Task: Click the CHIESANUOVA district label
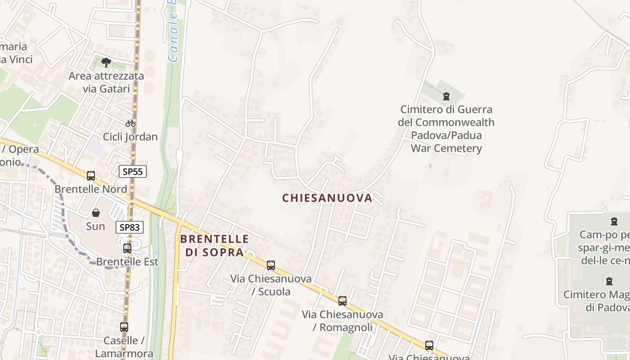(327, 198)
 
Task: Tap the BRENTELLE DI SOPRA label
(215, 245)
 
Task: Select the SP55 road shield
(133, 171)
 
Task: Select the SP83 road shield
(130, 227)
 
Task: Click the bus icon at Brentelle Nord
(91, 176)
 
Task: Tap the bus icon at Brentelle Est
(127, 248)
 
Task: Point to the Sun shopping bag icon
(96, 213)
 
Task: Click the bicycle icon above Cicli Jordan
(130, 123)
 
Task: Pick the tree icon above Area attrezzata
(106, 62)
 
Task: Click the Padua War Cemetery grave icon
(446, 96)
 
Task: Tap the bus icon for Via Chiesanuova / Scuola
(270, 265)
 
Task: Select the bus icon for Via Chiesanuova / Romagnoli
(342, 301)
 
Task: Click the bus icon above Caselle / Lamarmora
(124, 327)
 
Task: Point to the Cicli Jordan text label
(130, 137)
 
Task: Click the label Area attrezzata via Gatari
(106, 82)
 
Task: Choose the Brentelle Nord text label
(91, 189)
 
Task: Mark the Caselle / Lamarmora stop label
(124, 347)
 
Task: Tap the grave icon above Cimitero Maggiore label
(609, 281)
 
